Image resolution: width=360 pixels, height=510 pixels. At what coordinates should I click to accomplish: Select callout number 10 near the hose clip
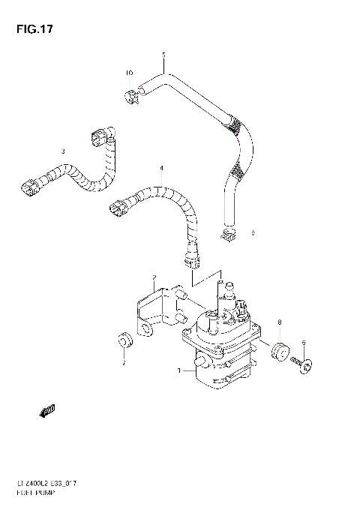tap(128, 73)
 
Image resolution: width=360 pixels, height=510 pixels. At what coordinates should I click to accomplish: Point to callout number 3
tap(63, 152)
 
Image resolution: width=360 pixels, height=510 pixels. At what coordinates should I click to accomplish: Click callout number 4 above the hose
tap(160, 167)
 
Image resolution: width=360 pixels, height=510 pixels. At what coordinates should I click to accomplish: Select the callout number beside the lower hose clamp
tap(253, 232)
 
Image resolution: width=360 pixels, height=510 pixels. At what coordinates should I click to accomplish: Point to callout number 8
tap(280, 322)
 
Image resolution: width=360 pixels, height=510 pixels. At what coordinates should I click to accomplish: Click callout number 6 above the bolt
tap(304, 342)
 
